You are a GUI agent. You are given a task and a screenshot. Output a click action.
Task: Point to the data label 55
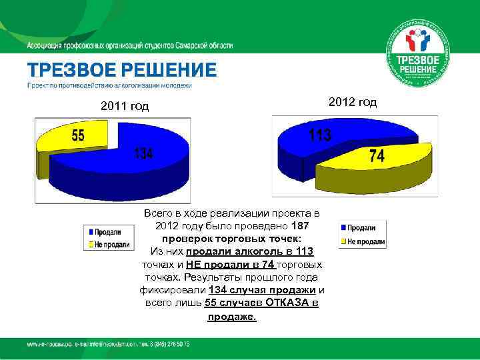[x=78, y=136]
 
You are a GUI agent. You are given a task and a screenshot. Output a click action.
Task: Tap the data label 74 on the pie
[x=376, y=156]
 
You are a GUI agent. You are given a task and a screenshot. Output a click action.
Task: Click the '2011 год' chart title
[x=125, y=106]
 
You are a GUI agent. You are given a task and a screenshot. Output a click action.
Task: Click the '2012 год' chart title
[x=353, y=101]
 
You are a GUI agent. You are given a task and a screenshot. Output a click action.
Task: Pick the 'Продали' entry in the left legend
[x=107, y=232]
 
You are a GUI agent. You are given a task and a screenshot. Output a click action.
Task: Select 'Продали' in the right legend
[x=361, y=227]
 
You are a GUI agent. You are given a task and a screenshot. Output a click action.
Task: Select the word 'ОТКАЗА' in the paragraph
[x=291, y=303]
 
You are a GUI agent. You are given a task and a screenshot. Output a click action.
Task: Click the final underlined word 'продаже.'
[x=231, y=316]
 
